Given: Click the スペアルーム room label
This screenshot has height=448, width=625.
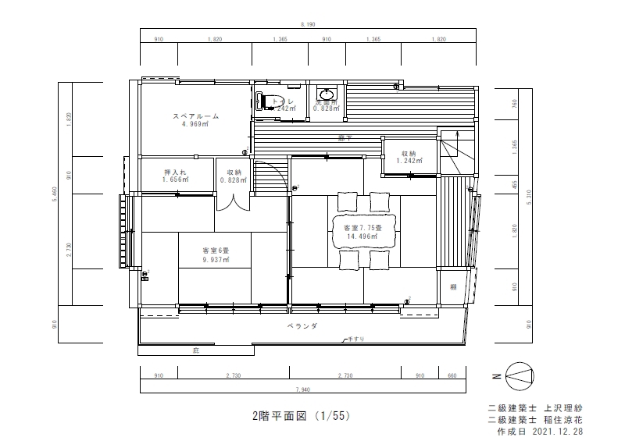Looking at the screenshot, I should (x=195, y=116).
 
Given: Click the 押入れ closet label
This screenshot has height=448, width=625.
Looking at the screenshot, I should (x=173, y=172).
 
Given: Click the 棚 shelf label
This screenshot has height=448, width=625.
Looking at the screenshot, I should (x=452, y=287).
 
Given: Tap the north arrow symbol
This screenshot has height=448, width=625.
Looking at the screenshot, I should (x=520, y=376).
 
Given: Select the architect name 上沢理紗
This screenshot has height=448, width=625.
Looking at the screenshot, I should (x=562, y=407).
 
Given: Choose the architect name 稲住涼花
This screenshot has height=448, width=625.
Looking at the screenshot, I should (x=562, y=419).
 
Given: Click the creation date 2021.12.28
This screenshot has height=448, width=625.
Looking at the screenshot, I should (x=557, y=431).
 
